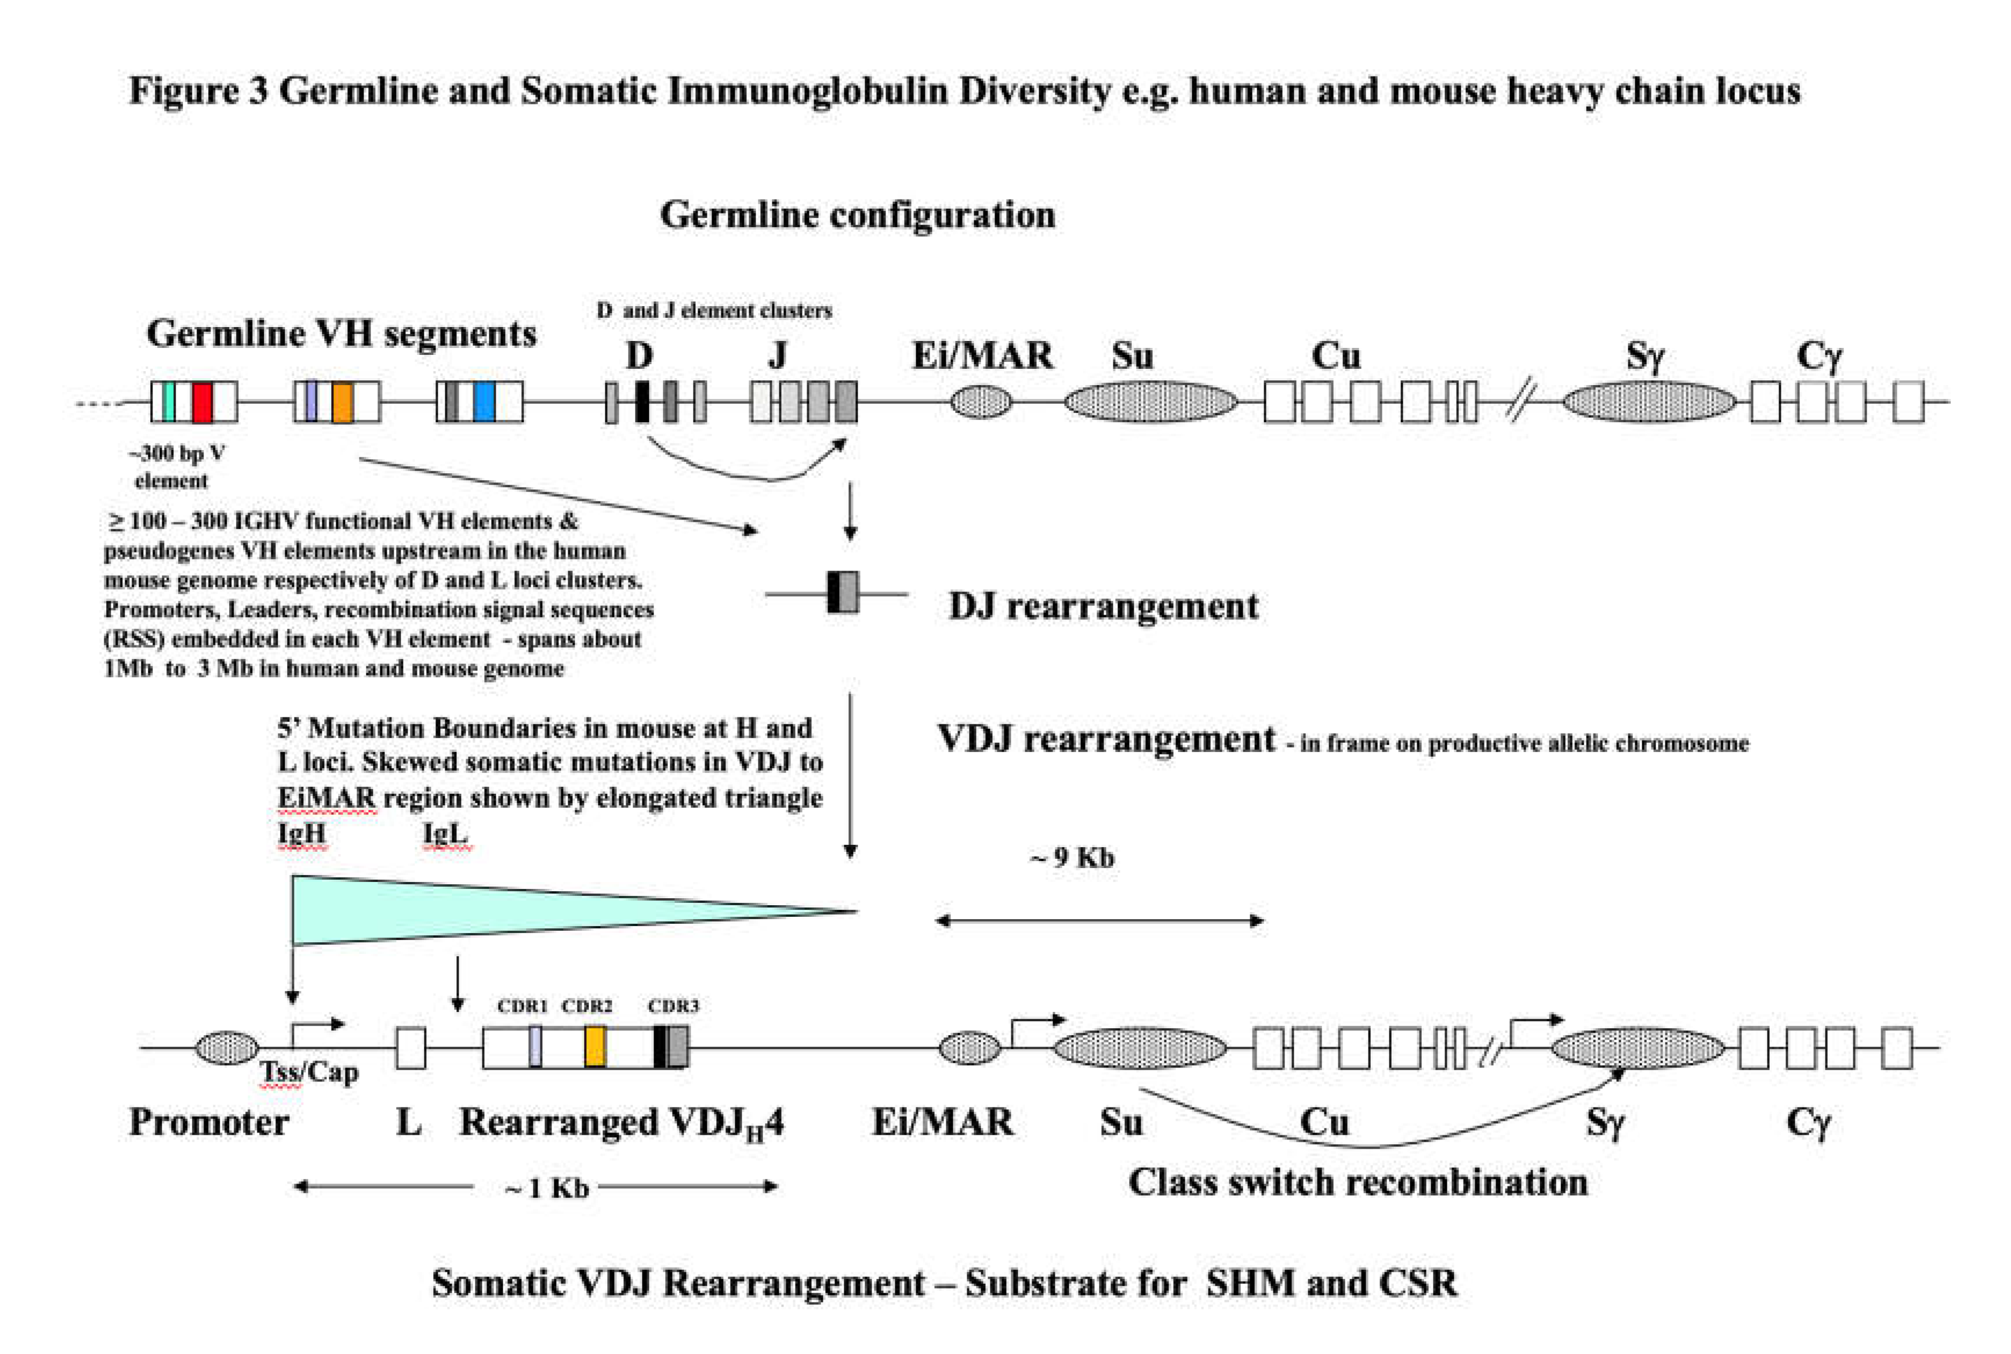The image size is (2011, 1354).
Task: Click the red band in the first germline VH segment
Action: [202, 401]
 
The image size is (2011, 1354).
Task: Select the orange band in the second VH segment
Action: [342, 401]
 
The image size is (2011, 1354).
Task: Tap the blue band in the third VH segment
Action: [484, 401]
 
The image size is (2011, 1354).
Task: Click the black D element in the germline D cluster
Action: [641, 401]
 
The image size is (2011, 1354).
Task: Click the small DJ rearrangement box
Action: [843, 593]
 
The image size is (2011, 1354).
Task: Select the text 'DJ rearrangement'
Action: [1103, 606]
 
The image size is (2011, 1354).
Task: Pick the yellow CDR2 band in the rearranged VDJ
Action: [595, 1047]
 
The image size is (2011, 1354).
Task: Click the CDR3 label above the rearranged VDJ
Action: [673, 1006]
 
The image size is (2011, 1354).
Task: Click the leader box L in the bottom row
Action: [411, 1047]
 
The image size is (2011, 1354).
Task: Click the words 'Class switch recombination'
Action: [1357, 1182]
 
